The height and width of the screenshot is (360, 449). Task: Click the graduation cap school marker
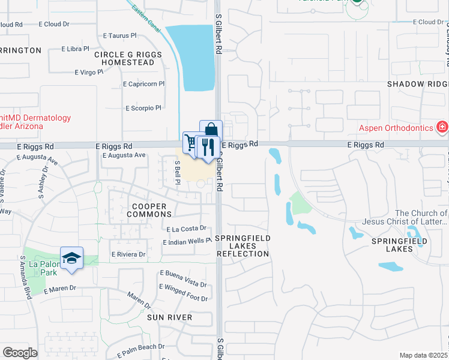click(x=71, y=258)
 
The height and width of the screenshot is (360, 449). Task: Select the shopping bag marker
click(x=211, y=130)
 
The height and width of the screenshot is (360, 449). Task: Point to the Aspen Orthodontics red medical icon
click(x=442, y=127)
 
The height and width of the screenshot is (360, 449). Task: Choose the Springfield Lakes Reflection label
click(x=243, y=246)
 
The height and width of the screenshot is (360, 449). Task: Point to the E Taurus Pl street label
click(x=121, y=36)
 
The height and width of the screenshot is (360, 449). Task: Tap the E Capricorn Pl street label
click(x=143, y=84)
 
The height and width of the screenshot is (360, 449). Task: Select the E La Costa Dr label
click(x=185, y=229)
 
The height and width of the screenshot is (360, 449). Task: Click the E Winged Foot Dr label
click(x=183, y=298)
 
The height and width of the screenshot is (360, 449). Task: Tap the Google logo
click(x=20, y=353)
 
